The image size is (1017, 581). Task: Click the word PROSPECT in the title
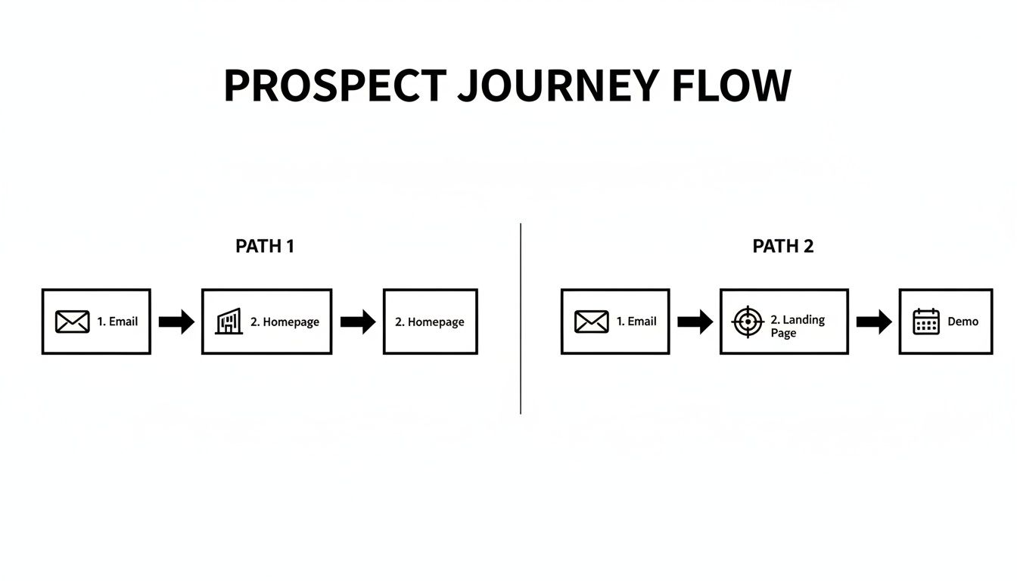point(334,85)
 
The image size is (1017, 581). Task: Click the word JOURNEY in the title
point(558,85)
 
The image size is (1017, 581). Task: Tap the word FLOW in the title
point(731,85)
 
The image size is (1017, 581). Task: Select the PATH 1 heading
point(265,246)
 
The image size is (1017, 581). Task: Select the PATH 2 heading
point(783,246)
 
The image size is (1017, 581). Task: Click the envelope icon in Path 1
point(72,322)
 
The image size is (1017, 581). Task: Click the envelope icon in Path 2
point(591,322)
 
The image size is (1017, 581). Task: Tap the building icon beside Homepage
point(229,322)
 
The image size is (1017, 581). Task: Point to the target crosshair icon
point(748,322)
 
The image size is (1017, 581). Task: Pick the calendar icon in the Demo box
point(925,322)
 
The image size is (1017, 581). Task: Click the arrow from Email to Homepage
point(176,322)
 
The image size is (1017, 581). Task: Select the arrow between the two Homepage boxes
point(358,322)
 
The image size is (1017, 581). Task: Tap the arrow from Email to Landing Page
point(695,322)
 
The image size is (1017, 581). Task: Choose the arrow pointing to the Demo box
point(874,322)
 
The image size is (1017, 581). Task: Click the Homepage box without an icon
point(430,322)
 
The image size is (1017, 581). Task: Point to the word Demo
point(963,322)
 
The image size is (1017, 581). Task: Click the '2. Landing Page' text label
point(797,326)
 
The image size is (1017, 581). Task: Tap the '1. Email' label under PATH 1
point(117,322)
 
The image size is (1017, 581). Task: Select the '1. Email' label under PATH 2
point(636,322)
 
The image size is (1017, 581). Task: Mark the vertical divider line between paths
point(521,318)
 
